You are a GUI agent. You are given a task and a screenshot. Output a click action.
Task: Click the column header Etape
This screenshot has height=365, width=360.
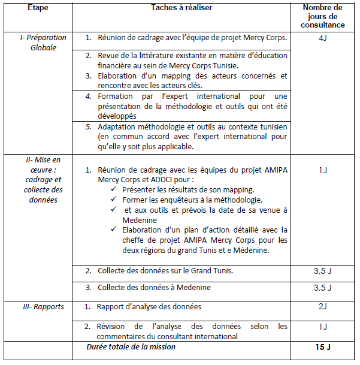click(x=37, y=7)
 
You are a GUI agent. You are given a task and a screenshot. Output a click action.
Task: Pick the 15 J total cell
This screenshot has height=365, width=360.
click(x=322, y=346)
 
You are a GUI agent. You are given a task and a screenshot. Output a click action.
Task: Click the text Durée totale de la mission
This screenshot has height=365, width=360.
click(x=131, y=346)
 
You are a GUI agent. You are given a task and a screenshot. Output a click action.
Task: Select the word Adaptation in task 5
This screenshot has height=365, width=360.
click(x=119, y=126)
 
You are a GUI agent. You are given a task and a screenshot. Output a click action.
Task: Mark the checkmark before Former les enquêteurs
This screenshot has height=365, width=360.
click(x=114, y=199)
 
